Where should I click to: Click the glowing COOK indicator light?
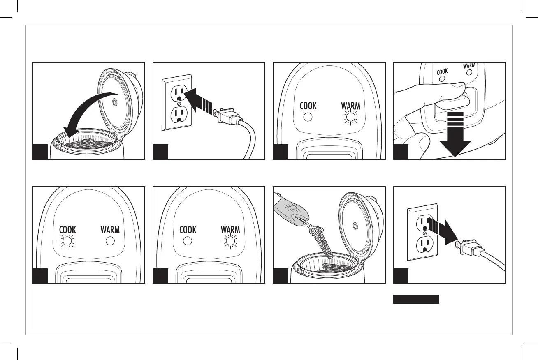click(67, 242)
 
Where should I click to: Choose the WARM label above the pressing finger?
click(469, 66)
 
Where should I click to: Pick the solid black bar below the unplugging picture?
click(416, 299)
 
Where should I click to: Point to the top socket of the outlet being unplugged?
click(424, 224)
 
